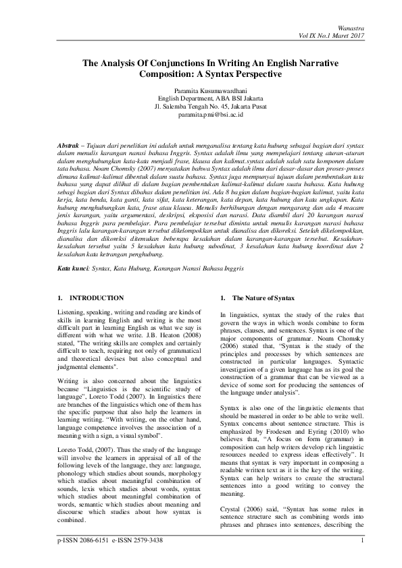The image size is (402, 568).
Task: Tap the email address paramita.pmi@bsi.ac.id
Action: pyautogui.click(x=200, y=115)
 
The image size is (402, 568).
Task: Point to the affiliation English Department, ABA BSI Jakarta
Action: pyautogui.click(x=200, y=98)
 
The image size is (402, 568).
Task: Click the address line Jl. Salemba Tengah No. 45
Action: pyautogui.click(x=200, y=107)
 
